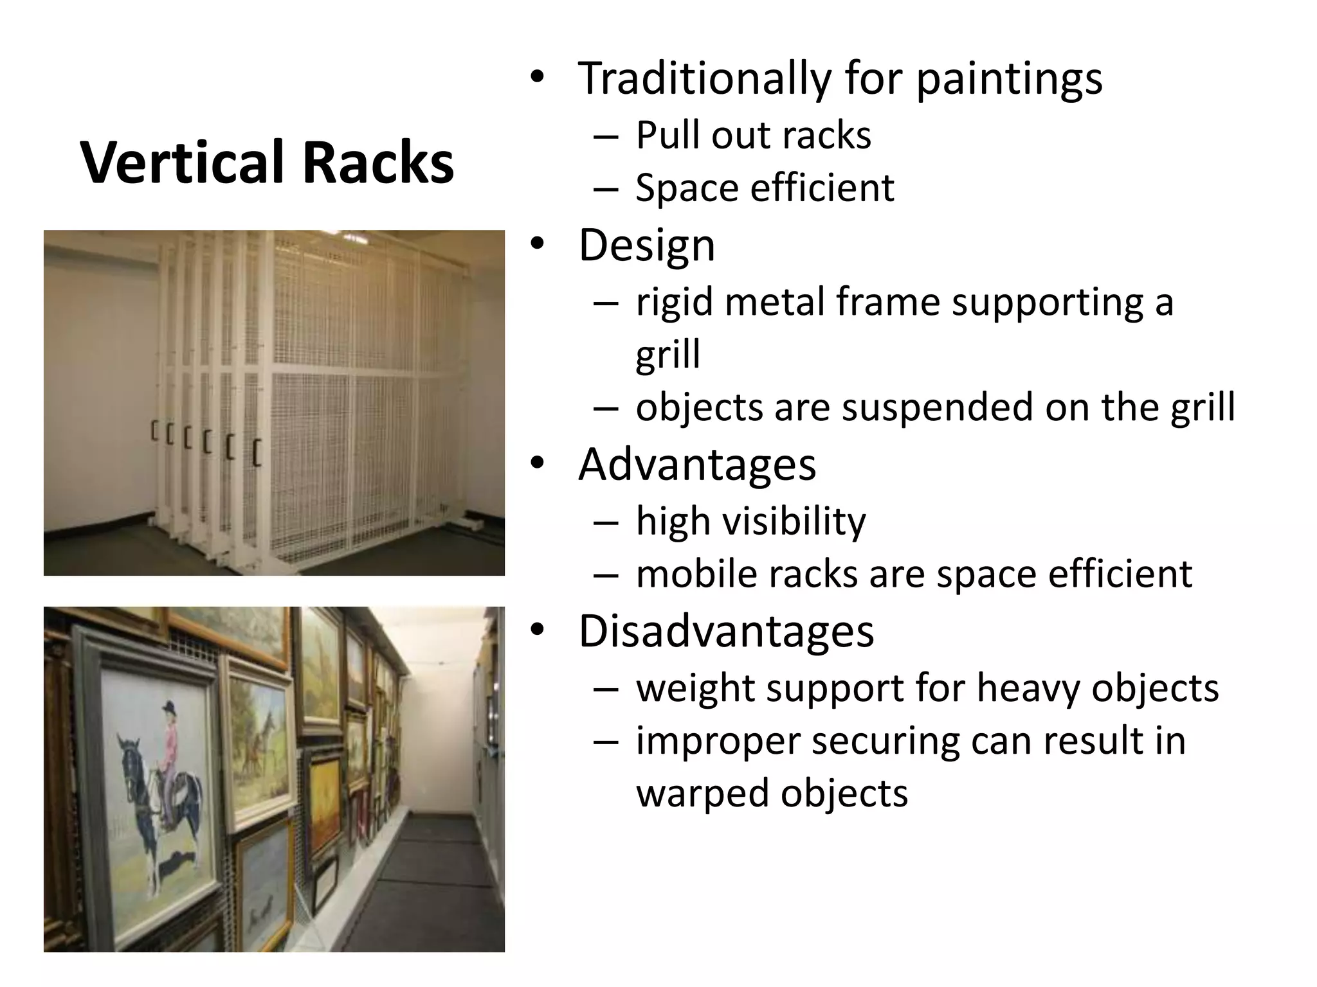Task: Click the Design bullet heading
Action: point(646,245)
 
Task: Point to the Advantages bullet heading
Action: point(697,464)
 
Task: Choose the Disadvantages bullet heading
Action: point(726,631)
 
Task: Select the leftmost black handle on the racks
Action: point(154,431)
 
